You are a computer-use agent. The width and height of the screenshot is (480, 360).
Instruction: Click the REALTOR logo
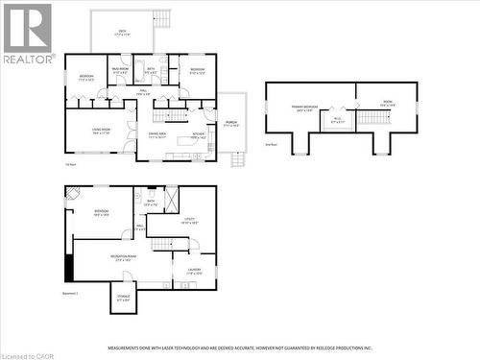click(x=27, y=34)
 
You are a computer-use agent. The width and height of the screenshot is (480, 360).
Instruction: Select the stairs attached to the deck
click(x=162, y=18)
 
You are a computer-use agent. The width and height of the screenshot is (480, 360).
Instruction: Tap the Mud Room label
click(x=120, y=70)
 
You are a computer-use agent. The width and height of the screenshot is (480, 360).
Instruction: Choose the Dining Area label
click(x=156, y=135)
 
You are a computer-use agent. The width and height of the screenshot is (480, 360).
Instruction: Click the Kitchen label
click(x=199, y=135)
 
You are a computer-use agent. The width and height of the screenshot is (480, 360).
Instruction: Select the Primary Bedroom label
click(x=304, y=108)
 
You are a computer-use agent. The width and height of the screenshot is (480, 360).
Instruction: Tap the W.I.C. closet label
click(x=337, y=121)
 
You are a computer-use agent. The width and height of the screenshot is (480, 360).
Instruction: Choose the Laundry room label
click(x=194, y=270)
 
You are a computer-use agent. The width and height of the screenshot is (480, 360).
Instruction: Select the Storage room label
click(x=123, y=298)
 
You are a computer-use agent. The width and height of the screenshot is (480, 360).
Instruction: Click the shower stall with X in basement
click(x=171, y=198)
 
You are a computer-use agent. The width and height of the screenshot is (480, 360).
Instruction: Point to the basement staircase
click(x=165, y=243)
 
